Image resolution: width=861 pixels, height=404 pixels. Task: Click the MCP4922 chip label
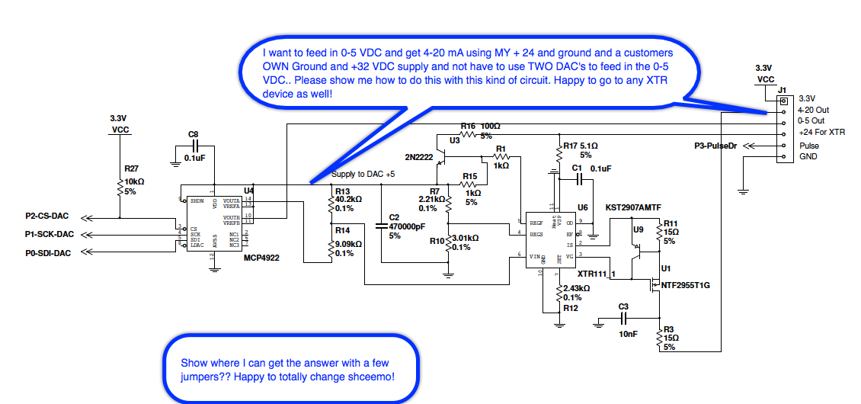pos(261,258)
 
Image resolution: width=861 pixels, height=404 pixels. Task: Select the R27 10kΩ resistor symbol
pos(120,187)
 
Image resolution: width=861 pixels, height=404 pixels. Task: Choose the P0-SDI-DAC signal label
pos(49,253)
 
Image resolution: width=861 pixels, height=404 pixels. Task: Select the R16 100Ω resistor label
pos(480,126)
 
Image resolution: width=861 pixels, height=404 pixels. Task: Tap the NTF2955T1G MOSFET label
pos(685,285)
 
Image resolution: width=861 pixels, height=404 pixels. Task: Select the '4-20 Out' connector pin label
pos(813,110)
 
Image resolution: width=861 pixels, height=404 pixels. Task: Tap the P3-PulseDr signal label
pos(716,145)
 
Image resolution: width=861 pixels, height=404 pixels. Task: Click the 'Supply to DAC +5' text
pos(363,175)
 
